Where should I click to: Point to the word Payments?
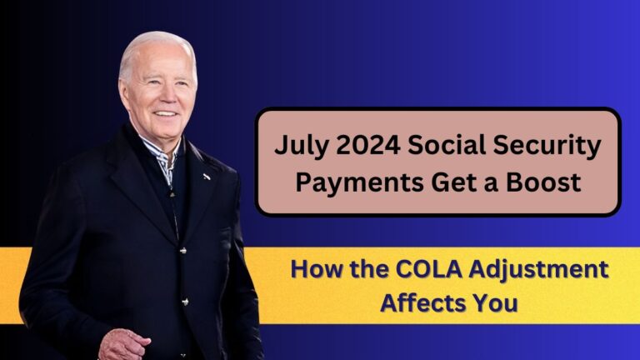(x=360, y=182)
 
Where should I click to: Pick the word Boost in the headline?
(x=543, y=182)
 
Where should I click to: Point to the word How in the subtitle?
(x=313, y=270)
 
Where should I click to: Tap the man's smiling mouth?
(x=167, y=114)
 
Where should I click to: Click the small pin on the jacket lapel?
(x=207, y=177)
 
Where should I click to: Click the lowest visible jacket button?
(x=185, y=302)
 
